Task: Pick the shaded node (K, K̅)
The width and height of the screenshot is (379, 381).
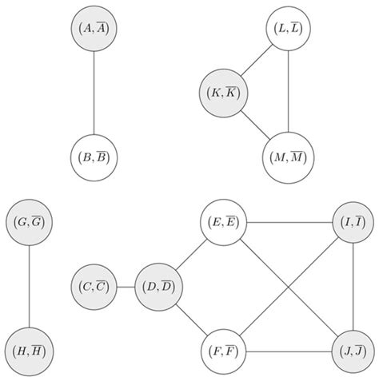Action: click(x=224, y=92)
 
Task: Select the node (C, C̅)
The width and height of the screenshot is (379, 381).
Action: click(x=95, y=285)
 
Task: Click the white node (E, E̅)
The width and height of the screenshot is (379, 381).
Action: click(x=224, y=223)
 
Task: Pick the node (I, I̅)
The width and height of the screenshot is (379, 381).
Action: click(x=353, y=223)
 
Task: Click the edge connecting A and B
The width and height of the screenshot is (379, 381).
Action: click(x=95, y=92)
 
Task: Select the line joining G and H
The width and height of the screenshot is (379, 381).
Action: click(x=29, y=285)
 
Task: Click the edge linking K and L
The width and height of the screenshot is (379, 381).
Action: click(x=255, y=61)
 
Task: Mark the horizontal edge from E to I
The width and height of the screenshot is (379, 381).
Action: click(x=288, y=223)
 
